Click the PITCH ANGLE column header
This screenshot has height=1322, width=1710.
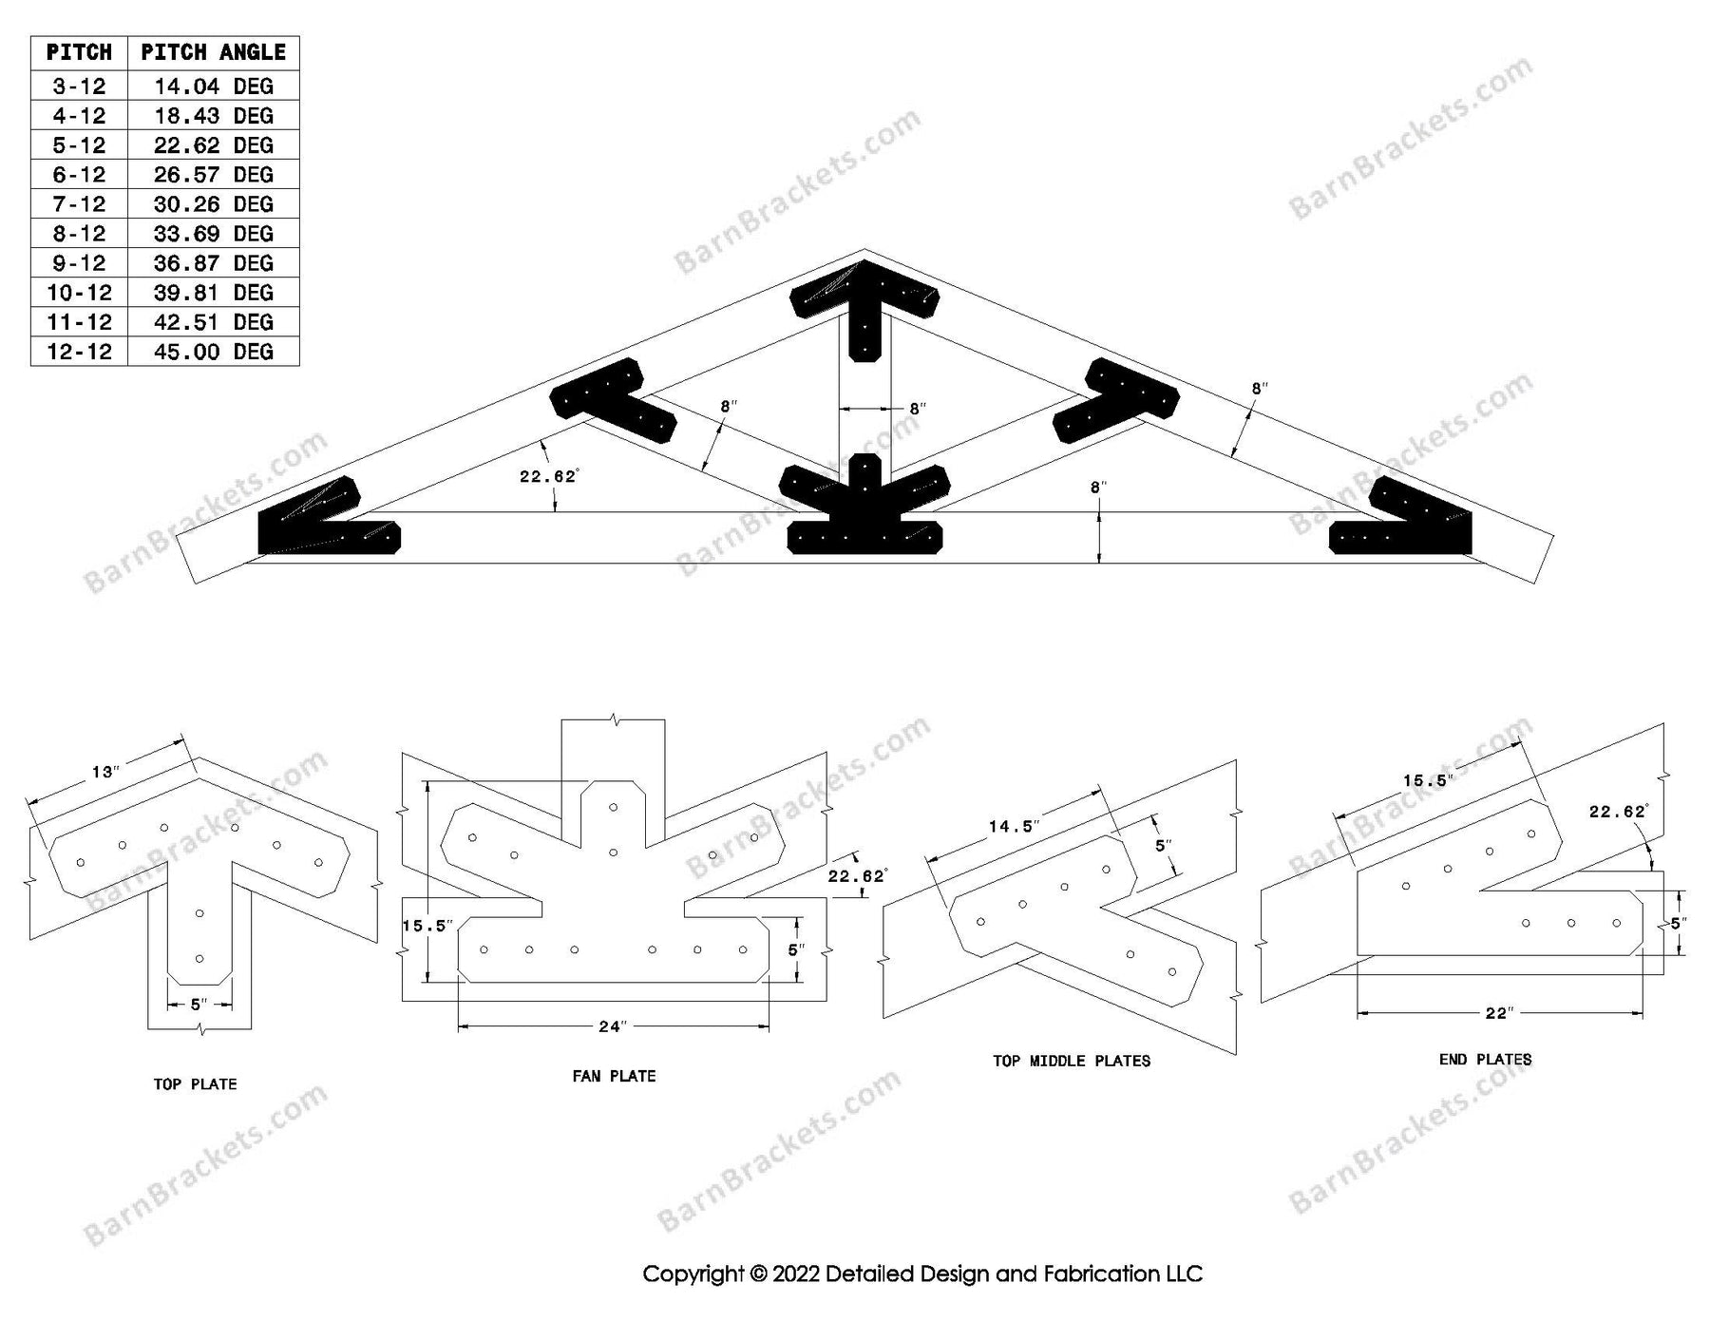click(x=213, y=52)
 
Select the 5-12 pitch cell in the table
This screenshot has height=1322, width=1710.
click(x=79, y=145)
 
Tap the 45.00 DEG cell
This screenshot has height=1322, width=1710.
click(x=213, y=352)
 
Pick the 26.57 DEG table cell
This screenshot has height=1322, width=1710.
click(x=213, y=175)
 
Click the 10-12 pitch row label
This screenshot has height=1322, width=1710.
click(x=79, y=293)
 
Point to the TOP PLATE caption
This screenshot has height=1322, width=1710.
click(x=195, y=1083)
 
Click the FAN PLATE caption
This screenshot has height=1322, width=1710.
click(x=614, y=1076)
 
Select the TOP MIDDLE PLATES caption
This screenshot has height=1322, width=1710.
click(x=1072, y=1061)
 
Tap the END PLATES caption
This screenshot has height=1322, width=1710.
click(x=1485, y=1059)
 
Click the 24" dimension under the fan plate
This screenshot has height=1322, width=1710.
click(x=612, y=1026)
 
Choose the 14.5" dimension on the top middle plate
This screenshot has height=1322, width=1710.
click(x=1014, y=827)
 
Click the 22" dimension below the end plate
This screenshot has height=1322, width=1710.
click(x=1498, y=1013)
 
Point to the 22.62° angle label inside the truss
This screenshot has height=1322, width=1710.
click(x=548, y=476)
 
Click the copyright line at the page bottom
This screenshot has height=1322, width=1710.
click(x=922, y=1274)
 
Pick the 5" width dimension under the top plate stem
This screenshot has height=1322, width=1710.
click(x=199, y=1004)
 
